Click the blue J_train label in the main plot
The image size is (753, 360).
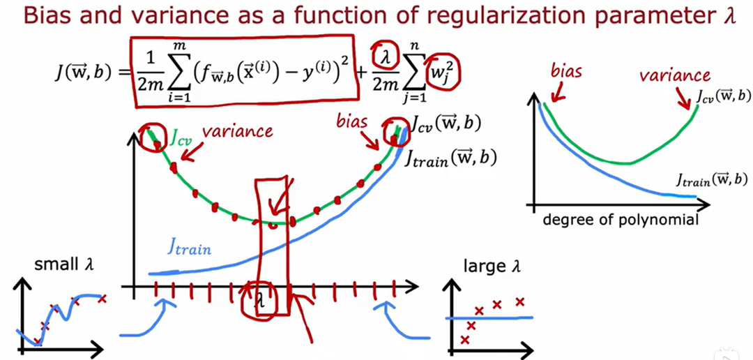click(x=189, y=246)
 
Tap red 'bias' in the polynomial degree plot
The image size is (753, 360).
click(x=567, y=72)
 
